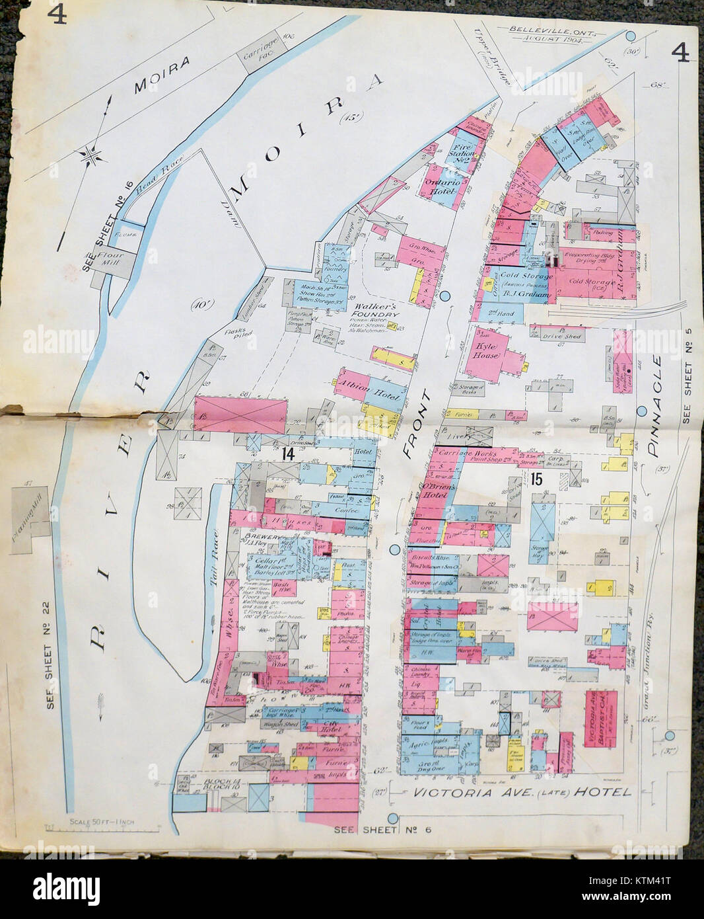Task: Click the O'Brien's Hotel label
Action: tap(434, 488)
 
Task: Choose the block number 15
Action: tap(534, 480)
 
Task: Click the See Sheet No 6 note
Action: tap(382, 829)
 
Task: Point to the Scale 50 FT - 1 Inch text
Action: tap(101, 822)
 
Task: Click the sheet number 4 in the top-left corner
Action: tap(57, 15)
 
